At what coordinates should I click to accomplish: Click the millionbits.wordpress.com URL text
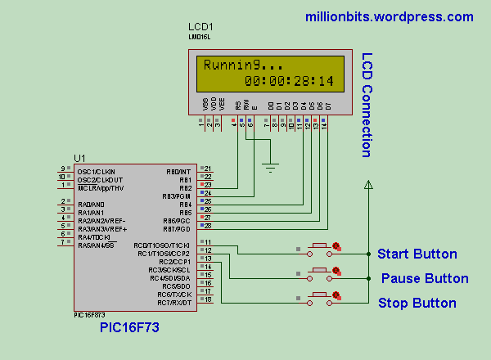coord(389,16)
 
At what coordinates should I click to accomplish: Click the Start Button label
coord(417,254)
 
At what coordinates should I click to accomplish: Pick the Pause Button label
coord(425,278)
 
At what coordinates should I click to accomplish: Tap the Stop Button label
coord(417,303)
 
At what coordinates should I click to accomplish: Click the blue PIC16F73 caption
coord(129,327)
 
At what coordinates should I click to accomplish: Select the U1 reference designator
coord(79,158)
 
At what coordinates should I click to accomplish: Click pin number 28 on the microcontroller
coord(208,225)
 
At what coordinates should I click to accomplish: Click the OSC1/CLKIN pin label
coord(96,171)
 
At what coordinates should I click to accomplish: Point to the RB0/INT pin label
coord(178,171)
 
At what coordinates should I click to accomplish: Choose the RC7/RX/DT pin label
coord(175,303)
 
